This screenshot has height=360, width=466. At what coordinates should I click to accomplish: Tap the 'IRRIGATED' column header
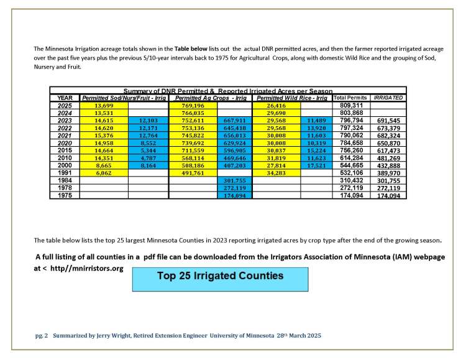coord(388,98)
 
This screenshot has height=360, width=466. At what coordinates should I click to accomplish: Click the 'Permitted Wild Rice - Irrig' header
coord(292,98)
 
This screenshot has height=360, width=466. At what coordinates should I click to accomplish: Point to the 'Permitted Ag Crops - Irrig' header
coord(211,98)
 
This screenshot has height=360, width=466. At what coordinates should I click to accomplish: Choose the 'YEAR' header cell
coord(65,98)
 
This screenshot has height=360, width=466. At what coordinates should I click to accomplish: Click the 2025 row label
coord(65,105)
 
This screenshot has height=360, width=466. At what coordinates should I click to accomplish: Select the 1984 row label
coord(65,180)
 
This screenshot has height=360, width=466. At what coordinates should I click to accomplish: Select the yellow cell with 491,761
coord(191,173)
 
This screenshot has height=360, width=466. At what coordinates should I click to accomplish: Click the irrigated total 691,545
coord(388,120)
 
